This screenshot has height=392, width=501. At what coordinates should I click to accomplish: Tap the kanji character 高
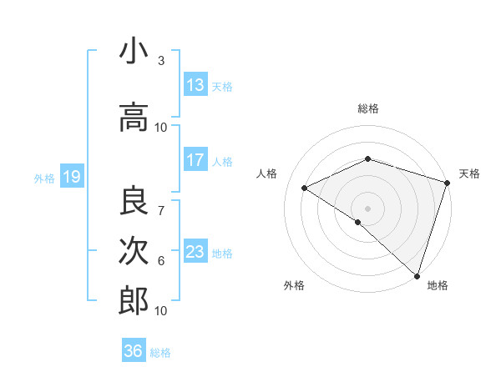click(x=134, y=119)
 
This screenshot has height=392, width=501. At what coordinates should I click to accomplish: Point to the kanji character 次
click(x=134, y=250)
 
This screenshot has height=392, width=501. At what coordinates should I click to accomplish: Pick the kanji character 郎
click(x=134, y=300)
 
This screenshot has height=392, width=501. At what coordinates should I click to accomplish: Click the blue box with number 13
click(x=195, y=85)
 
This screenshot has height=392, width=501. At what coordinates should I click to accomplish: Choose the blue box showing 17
click(x=195, y=160)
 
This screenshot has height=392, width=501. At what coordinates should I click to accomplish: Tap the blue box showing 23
click(x=195, y=252)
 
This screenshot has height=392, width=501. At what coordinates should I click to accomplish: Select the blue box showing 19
click(x=71, y=177)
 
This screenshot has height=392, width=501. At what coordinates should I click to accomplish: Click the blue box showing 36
click(x=133, y=351)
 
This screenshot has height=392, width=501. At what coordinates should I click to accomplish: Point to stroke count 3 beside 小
click(x=161, y=61)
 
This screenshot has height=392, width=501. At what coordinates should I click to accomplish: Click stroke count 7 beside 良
click(x=161, y=201)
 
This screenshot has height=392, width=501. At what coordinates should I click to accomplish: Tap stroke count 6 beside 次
click(x=161, y=261)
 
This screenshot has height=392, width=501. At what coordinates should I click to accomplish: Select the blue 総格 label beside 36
click(x=160, y=353)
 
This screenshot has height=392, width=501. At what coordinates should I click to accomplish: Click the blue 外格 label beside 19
click(x=43, y=178)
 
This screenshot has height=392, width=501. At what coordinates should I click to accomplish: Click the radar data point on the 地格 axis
click(x=417, y=275)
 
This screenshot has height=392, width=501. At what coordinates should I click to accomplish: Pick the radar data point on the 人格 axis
click(x=305, y=188)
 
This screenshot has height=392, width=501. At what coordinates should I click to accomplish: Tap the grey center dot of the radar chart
click(x=367, y=208)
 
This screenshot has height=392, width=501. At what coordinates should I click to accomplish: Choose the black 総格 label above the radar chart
click(x=368, y=108)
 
